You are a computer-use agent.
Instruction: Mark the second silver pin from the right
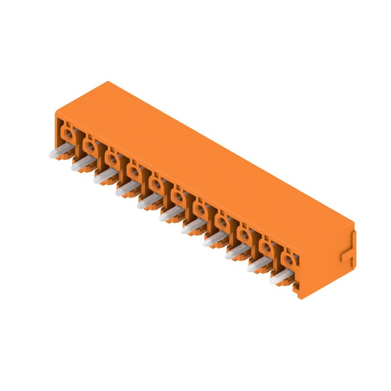click(x=259, y=264)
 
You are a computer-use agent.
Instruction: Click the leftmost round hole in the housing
click(x=68, y=132)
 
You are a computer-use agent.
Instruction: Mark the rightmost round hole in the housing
click(x=289, y=255)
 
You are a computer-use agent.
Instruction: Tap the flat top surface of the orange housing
click(x=205, y=161)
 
